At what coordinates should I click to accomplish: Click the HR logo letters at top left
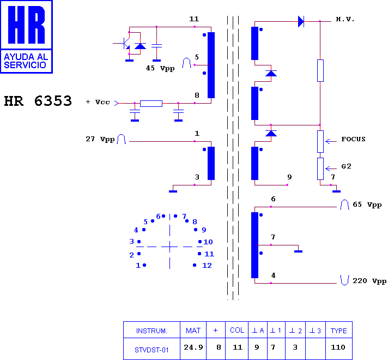[x=27, y=25]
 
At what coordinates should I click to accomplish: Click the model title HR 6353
[x=38, y=101]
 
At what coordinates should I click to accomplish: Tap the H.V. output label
[x=345, y=19]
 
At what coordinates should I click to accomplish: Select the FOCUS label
[x=353, y=139]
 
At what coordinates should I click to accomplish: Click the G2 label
[x=346, y=166]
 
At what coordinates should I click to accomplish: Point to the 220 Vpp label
[x=369, y=281]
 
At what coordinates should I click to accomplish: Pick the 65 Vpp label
[x=367, y=205]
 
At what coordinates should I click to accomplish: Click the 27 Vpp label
[x=100, y=139]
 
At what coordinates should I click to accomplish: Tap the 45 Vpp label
[x=160, y=68]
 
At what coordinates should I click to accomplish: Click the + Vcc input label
[x=98, y=102]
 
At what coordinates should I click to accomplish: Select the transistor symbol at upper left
[x=125, y=43]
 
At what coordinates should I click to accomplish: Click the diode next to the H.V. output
[x=301, y=22]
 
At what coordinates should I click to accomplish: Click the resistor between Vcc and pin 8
[x=151, y=104]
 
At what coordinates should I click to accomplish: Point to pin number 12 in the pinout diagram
[x=207, y=266]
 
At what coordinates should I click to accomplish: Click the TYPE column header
[x=339, y=331]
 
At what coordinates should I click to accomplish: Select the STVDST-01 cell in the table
[x=151, y=350]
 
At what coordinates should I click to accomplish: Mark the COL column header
[x=237, y=330]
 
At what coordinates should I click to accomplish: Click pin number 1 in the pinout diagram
[x=138, y=266]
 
